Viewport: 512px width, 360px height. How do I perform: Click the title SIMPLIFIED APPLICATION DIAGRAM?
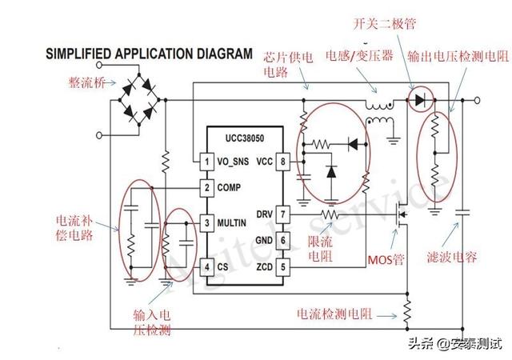point(148,54)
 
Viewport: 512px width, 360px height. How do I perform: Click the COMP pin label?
point(234,188)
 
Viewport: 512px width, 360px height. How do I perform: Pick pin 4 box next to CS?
point(206,266)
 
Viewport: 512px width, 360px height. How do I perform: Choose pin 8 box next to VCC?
point(282,162)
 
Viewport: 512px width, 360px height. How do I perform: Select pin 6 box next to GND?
point(282,240)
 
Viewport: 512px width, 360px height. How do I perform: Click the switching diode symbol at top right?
point(420,100)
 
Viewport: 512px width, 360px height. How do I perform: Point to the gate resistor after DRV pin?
point(329,214)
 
